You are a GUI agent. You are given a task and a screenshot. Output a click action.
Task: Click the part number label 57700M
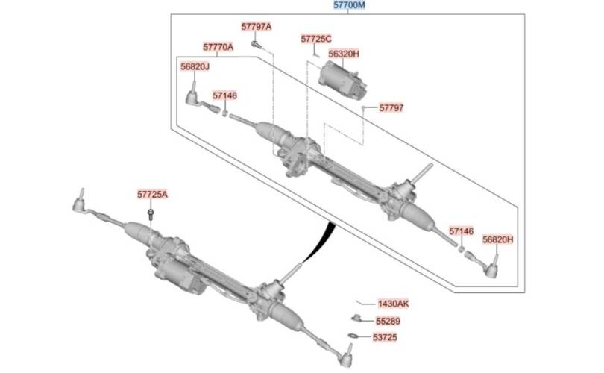click(349, 5)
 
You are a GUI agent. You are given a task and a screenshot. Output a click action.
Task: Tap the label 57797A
click(257, 27)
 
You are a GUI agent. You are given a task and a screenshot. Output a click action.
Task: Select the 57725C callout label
click(316, 39)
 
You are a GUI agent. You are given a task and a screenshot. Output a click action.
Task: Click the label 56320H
click(344, 54)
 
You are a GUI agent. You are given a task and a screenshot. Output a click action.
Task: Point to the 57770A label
click(218, 48)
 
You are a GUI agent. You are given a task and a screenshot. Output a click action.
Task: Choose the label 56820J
click(195, 66)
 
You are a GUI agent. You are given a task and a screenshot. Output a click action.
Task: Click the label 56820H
click(498, 239)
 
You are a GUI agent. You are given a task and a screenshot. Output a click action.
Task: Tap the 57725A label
click(153, 195)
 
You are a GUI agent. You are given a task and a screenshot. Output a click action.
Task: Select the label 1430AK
click(393, 304)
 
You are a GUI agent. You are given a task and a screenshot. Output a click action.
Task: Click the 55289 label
click(388, 321)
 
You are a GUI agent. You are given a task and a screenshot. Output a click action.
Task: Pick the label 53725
click(385, 337)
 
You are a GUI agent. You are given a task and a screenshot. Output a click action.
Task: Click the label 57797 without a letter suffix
click(391, 108)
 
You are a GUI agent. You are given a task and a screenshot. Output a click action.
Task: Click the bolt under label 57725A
click(151, 214)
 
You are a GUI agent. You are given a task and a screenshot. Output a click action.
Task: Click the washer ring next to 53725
click(353, 336)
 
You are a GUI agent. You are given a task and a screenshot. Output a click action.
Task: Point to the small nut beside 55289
click(356, 318)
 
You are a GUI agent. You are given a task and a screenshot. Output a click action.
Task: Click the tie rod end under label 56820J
click(201, 99)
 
